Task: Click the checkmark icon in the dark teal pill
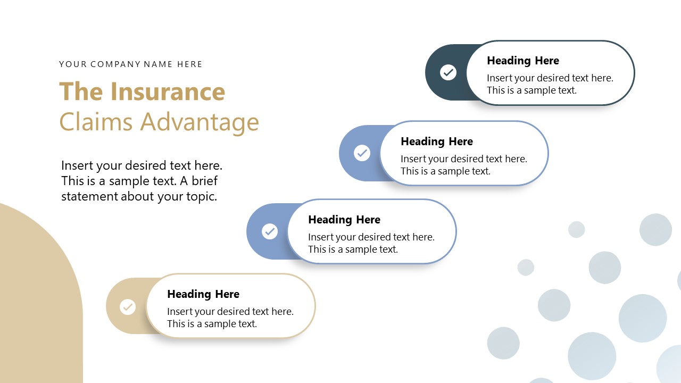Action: click(x=449, y=72)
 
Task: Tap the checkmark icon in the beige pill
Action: click(x=128, y=307)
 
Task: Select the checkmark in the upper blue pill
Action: click(x=362, y=153)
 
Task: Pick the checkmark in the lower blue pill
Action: click(x=270, y=231)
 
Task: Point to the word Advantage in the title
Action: click(x=200, y=122)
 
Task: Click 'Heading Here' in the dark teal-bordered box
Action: click(x=522, y=61)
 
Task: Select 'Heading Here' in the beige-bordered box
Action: click(x=203, y=294)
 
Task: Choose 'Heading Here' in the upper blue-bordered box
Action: click(x=436, y=141)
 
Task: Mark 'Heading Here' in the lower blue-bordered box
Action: click(x=344, y=220)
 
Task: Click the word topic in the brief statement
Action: click(x=202, y=196)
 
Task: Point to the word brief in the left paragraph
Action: click(x=204, y=181)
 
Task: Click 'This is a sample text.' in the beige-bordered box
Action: click(x=212, y=324)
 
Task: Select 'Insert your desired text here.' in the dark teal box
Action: click(x=550, y=78)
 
